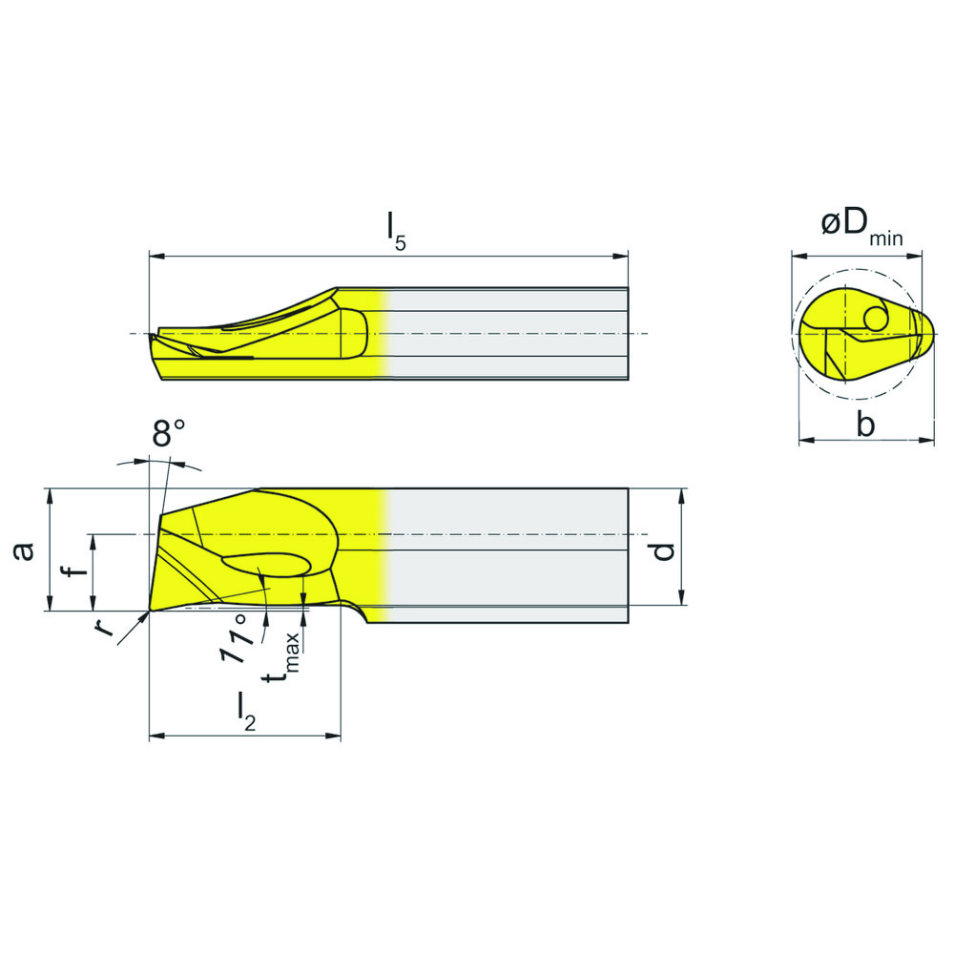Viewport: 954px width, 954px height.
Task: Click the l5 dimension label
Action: (395, 231)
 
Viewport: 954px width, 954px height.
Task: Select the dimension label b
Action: (864, 424)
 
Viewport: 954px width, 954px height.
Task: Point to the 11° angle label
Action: (238, 642)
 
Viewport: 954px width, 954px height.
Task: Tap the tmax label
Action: (283, 659)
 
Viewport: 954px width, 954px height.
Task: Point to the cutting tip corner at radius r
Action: (150, 610)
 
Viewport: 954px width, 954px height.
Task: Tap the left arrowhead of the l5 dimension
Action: (156, 257)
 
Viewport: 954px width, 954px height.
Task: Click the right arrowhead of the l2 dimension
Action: (335, 736)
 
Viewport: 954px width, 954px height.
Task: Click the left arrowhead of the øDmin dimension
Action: (797, 255)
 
